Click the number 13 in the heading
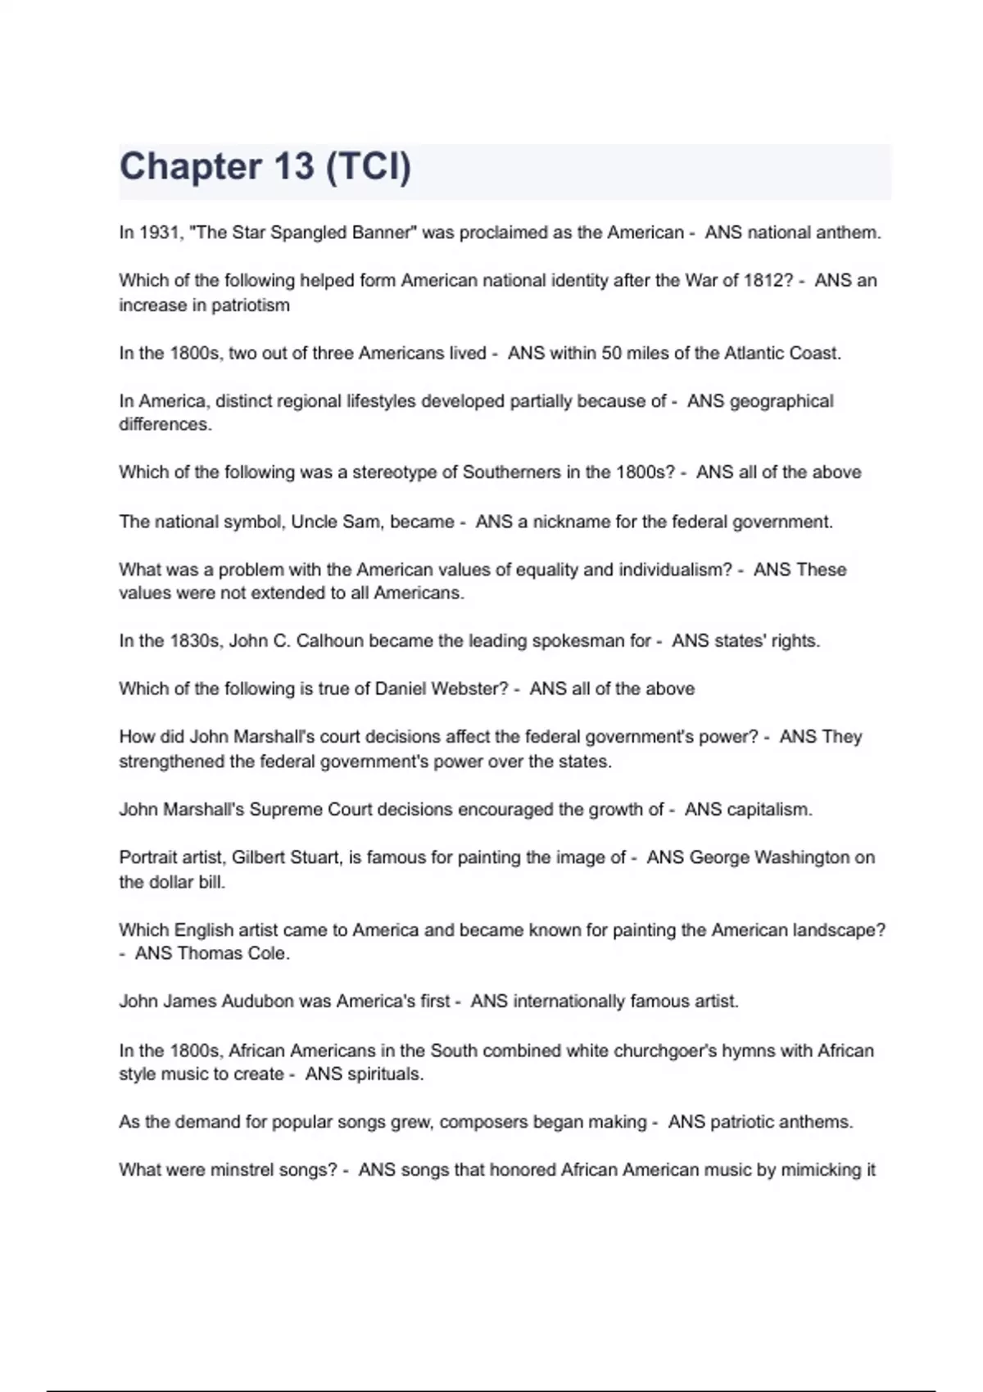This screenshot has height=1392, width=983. point(294,167)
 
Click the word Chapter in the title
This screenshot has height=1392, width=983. point(190,167)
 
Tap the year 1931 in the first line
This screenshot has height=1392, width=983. point(159,233)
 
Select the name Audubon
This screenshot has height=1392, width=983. point(258,1001)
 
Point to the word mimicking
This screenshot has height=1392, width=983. point(820,1170)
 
